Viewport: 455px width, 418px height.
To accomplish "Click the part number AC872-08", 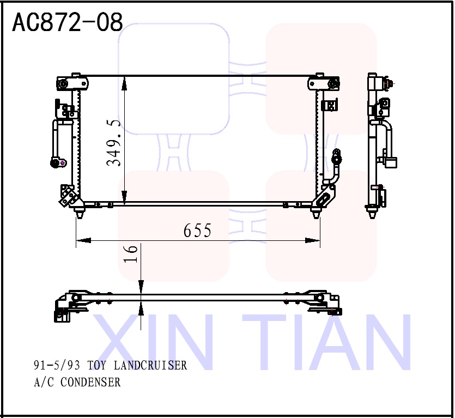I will pyautogui.click(x=67, y=22).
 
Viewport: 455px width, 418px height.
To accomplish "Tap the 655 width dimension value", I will pyautogui.click(x=197, y=231).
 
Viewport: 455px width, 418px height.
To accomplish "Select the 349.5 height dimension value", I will pyautogui.click(x=114, y=143).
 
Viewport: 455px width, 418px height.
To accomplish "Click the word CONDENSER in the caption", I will pyautogui.click(x=90, y=382).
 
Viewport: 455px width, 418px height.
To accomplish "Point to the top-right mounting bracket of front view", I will pyautogui.click(x=324, y=83).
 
